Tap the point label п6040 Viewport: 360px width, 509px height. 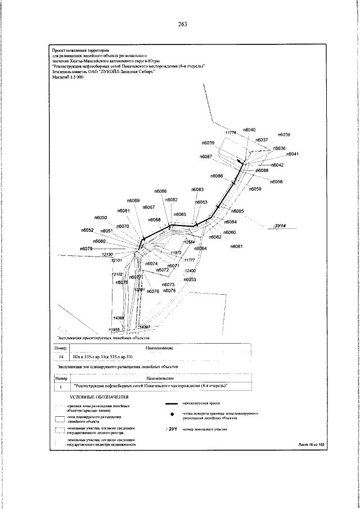tap(249, 130)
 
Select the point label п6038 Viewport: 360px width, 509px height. tap(284, 135)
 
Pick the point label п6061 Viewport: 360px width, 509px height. tap(237, 247)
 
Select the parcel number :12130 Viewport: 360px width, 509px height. tap(107, 255)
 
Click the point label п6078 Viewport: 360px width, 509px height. tap(170, 291)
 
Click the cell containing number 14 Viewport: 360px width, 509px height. tap(61, 357)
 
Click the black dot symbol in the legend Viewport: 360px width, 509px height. tap(170, 415)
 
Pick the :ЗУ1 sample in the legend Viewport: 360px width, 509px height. tap(172, 430)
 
